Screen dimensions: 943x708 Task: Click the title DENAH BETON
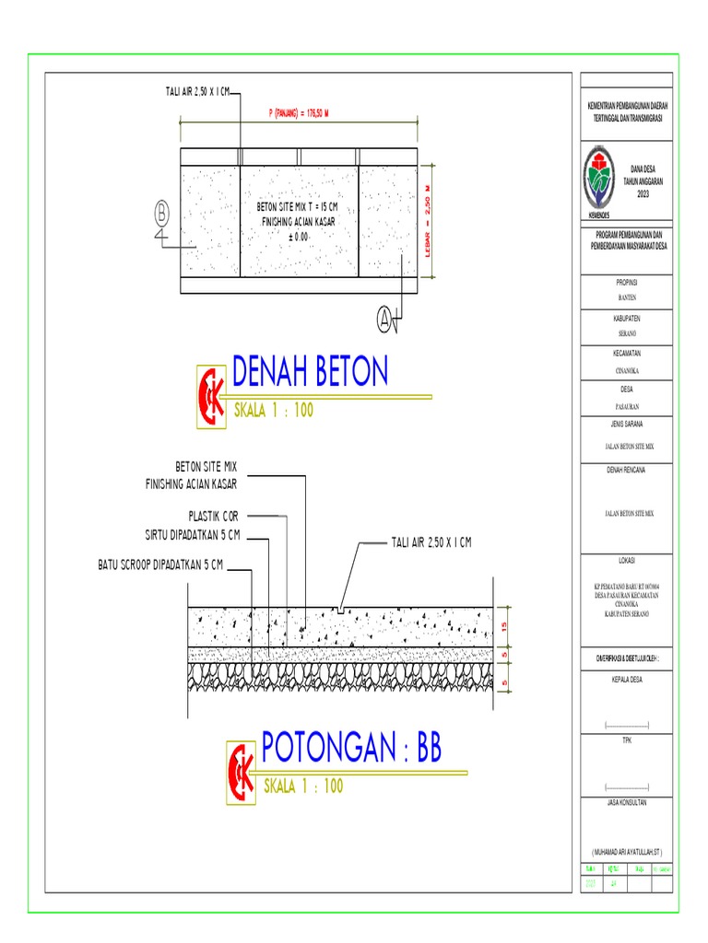coord(310,372)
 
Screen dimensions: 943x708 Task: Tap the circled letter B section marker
coord(163,213)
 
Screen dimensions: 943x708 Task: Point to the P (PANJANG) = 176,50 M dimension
coord(299,113)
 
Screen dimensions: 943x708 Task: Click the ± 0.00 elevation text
coord(297,237)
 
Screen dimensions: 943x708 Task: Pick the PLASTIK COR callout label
coord(206,517)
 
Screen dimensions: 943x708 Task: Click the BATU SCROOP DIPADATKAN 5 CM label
coord(160,565)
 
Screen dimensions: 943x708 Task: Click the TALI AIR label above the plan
coord(192,92)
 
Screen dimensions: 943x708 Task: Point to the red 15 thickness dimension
coord(506,625)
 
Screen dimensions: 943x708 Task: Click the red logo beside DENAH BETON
coord(213,397)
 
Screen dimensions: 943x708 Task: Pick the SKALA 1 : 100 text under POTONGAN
coord(303,786)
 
